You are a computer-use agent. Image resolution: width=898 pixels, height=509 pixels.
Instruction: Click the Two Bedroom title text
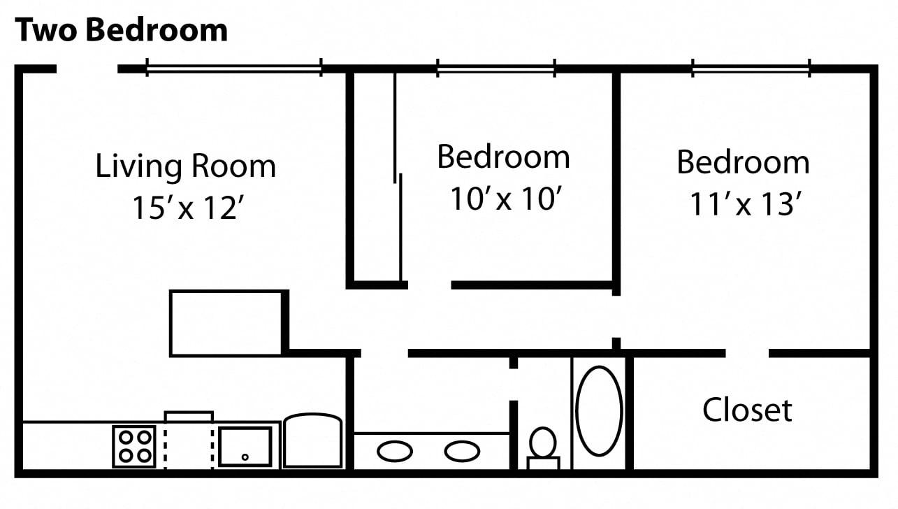[x=122, y=30]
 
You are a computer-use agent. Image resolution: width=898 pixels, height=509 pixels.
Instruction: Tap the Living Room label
[x=185, y=166]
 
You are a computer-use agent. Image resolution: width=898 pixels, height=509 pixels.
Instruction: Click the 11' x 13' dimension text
[x=744, y=203]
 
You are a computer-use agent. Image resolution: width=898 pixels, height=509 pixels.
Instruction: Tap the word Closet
[x=747, y=410]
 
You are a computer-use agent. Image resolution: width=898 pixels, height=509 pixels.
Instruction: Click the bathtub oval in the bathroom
[x=599, y=411]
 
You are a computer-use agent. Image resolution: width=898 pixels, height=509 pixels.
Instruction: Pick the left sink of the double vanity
[x=395, y=451]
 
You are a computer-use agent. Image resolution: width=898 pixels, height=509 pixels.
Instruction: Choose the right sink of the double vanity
[x=463, y=451]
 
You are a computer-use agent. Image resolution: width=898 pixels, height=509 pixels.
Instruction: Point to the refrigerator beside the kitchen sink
[x=312, y=441]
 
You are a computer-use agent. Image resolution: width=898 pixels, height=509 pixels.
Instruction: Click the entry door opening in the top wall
[x=87, y=69]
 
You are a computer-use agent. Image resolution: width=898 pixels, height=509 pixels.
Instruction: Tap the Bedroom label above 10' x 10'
[x=503, y=157]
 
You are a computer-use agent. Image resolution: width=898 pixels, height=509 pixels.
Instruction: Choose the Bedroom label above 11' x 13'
[x=743, y=162]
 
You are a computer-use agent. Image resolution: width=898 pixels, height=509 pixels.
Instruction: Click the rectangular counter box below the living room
[x=226, y=323]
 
